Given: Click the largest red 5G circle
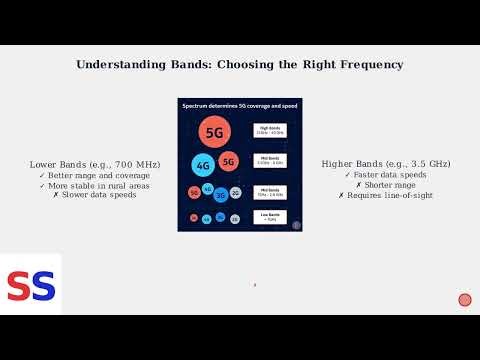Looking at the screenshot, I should (x=213, y=131).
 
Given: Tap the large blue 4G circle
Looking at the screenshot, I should (x=204, y=165).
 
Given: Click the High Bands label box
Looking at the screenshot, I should (x=270, y=131).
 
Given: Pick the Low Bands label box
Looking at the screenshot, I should (x=270, y=216).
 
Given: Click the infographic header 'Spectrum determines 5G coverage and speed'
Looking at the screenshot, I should (x=240, y=105).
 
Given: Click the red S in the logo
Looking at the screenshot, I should (x=19, y=286).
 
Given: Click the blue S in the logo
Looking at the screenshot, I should (x=42, y=286).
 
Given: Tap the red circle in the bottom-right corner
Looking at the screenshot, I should (x=464, y=300).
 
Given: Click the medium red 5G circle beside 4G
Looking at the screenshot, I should (x=228, y=161).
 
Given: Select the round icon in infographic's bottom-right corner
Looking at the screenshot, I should (x=296, y=225).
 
